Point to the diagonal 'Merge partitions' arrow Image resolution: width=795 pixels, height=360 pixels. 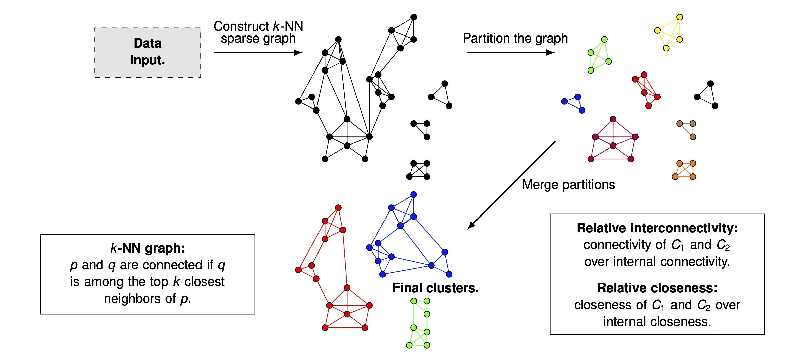tap(511, 186)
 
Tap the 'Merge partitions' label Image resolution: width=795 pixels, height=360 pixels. tap(569, 185)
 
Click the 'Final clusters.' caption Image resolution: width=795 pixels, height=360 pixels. tap(435, 288)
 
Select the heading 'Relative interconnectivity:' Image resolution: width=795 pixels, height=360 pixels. tap(657, 228)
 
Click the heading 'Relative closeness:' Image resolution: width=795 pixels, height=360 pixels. tap(657, 288)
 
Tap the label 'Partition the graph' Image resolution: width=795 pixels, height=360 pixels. tap(515, 38)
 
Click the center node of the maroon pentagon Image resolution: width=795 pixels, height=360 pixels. tap(613, 146)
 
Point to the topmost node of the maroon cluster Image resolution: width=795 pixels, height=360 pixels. tap(613, 119)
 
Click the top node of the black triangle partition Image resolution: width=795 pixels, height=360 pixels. tap(710, 84)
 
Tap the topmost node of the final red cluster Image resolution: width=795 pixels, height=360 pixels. tap(338, 208)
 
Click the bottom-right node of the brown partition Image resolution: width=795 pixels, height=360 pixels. tap(693, 137)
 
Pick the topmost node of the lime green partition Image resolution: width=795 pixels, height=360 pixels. tap(604, 40)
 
